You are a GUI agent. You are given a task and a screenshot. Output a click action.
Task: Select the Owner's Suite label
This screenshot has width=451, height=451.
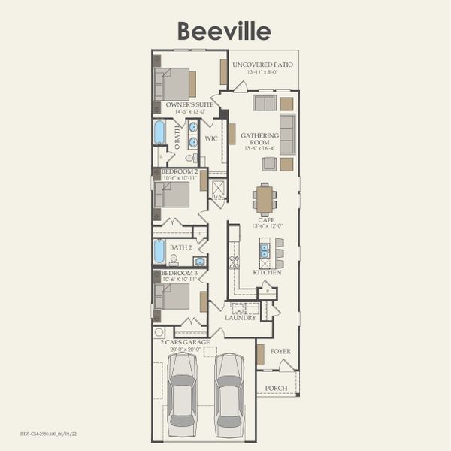click(184, 105)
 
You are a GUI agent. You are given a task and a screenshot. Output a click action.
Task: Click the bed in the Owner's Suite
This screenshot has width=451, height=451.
click(174, 83)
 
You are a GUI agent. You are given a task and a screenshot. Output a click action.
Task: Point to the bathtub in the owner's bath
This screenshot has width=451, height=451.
click(159, 132)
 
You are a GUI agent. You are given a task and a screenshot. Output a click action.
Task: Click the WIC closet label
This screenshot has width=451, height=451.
click(211, 138)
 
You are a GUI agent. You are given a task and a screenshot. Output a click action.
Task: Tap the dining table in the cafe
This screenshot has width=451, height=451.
click(265, 200)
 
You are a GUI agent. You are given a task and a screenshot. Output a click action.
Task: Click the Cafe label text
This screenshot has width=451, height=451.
click(265, 220)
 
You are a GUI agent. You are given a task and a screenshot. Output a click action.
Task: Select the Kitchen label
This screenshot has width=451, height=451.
click(267, 272)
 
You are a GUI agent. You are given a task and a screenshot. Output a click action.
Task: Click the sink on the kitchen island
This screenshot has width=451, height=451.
click(265, 250)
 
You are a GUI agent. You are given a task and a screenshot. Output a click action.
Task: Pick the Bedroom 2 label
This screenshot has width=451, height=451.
click(179, 172)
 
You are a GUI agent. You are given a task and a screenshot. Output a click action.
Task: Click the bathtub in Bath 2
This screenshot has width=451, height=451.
click(159, 251)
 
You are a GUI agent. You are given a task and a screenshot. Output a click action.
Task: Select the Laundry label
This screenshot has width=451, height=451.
click(241, 318)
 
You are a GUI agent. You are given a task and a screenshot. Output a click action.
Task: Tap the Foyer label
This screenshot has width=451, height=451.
click(280, 351)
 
